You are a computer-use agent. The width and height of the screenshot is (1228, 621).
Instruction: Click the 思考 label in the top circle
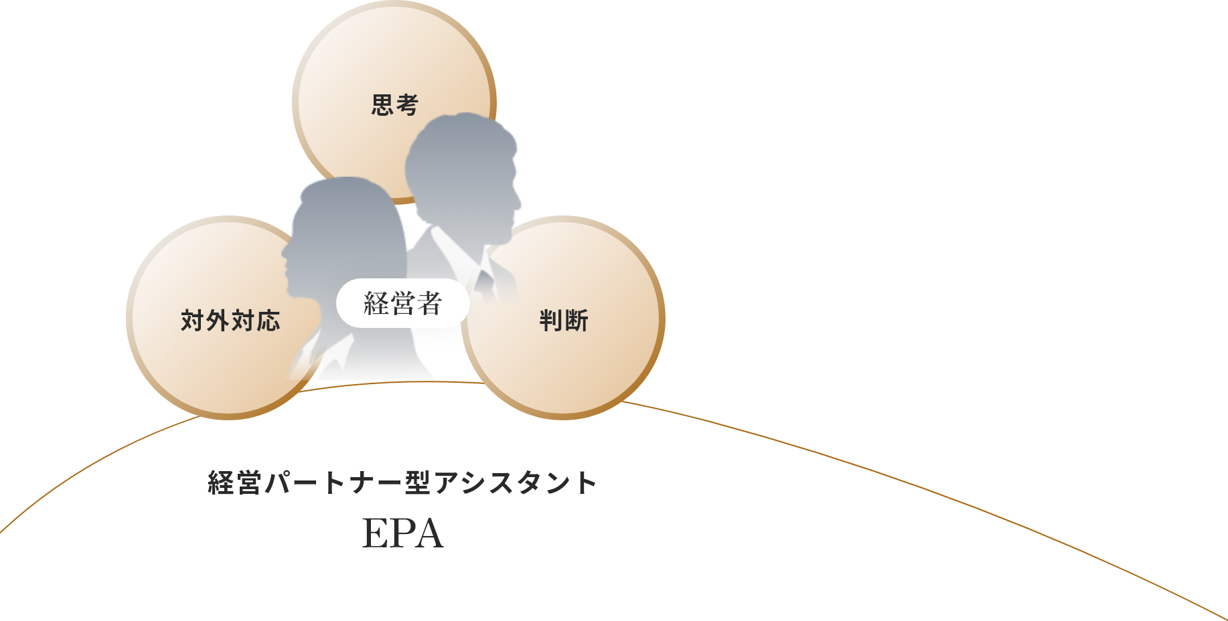point(395,105)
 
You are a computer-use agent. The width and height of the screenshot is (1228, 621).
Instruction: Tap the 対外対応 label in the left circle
point(230,321)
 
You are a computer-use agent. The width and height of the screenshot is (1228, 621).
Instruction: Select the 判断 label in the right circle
point(564,321)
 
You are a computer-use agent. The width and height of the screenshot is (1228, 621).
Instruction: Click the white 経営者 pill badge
point(402,303)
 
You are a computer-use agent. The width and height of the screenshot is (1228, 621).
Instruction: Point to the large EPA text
point(402,533)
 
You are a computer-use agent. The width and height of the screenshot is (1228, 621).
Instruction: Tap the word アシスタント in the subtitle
point(515,482)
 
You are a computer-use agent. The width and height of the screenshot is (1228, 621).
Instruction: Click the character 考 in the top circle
point(407,105)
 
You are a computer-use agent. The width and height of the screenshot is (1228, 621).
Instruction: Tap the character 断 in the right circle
point(577,321)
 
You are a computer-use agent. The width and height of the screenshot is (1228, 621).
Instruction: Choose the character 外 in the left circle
point(218,321)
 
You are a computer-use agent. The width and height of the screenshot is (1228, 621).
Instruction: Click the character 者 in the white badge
point(429,303)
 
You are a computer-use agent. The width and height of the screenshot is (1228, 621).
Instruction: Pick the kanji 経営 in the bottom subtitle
point(234,482)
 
